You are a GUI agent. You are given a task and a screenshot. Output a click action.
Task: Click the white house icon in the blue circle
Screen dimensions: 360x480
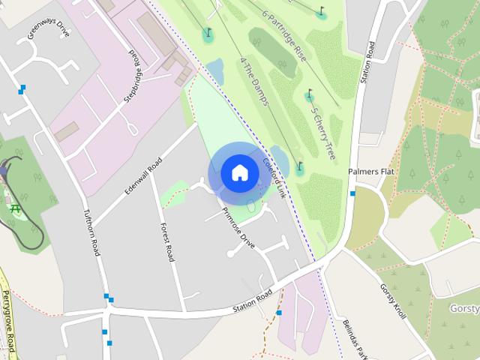239,172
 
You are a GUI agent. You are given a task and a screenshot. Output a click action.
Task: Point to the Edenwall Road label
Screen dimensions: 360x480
144,176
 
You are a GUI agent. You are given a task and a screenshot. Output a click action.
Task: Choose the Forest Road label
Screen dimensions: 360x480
166,242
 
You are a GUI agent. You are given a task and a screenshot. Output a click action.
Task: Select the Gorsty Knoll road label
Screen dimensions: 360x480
391,300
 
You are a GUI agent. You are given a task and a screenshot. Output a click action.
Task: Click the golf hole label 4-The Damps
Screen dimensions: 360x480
253,81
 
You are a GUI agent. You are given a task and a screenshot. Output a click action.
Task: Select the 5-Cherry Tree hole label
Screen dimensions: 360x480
323,131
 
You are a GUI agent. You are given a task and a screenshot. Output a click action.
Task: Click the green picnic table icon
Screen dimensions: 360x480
15,208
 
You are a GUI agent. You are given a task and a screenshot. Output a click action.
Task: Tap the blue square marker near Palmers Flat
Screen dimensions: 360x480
352,193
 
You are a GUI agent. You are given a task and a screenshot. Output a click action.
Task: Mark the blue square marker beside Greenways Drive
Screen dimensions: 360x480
22,89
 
